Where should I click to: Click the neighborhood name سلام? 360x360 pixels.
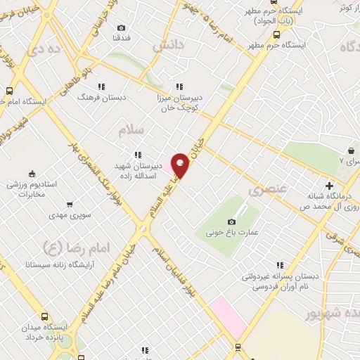pyautogui.click(x=131, y=131)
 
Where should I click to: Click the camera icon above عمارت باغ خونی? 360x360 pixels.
pyautogui.click(x=231, y=222)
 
